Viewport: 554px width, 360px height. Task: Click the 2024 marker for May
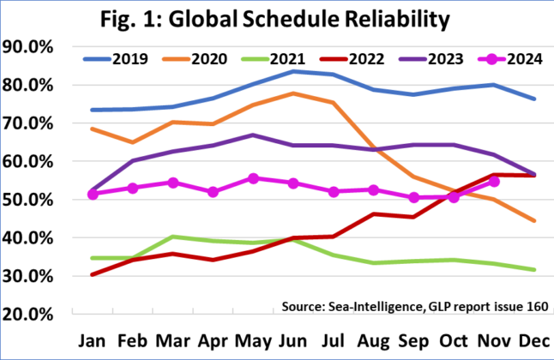pos(253,178)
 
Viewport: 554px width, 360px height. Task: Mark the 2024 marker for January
pos(93,195)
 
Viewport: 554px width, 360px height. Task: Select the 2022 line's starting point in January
pos(93,274)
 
